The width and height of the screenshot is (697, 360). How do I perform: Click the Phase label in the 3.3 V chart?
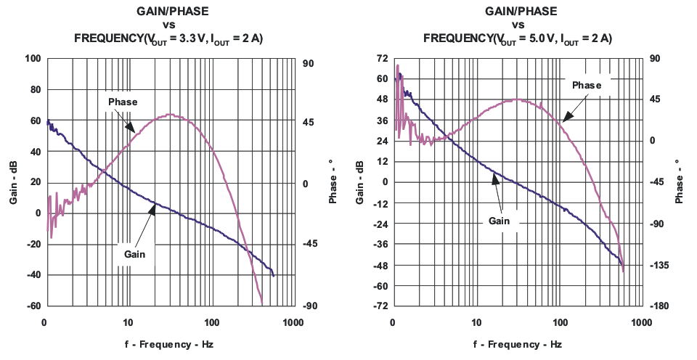point(123,102)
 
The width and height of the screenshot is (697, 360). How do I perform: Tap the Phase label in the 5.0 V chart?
point(587,85)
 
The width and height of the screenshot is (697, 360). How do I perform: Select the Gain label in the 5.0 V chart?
point(498,220)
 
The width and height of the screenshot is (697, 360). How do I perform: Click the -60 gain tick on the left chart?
point(33,306)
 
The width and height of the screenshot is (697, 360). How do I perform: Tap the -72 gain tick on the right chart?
point(380,306)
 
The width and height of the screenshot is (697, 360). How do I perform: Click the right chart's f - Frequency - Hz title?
point(517,344)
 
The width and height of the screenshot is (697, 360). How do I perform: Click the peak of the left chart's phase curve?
point(170,114)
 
